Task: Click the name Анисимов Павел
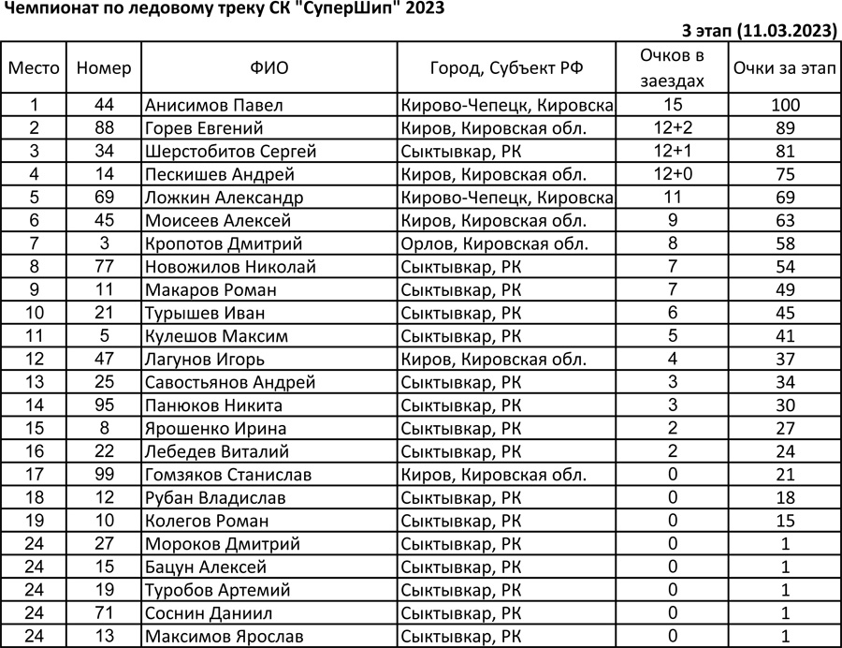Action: tap(214, 105)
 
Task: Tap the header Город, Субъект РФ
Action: tap(506, 67)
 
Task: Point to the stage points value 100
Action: tap(785, 105)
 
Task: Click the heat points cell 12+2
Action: tap(671, 128)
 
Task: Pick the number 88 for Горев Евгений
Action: tap(104, 128)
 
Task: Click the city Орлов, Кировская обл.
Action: tap(494, 243)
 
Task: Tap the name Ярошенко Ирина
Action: tap(216, 429)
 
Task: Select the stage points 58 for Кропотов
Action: tap(785, 243)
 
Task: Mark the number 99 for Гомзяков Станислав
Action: tap(104, 475)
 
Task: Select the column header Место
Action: tap(35, 67)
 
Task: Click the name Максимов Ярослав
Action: tap(225, 637)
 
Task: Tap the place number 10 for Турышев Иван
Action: tap(35, 313)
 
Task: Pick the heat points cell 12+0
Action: tap(671, 174)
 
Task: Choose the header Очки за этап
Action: tap(785, 67)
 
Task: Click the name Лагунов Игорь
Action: tap(205, 359)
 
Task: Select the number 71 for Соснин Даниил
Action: tap(104, 613)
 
